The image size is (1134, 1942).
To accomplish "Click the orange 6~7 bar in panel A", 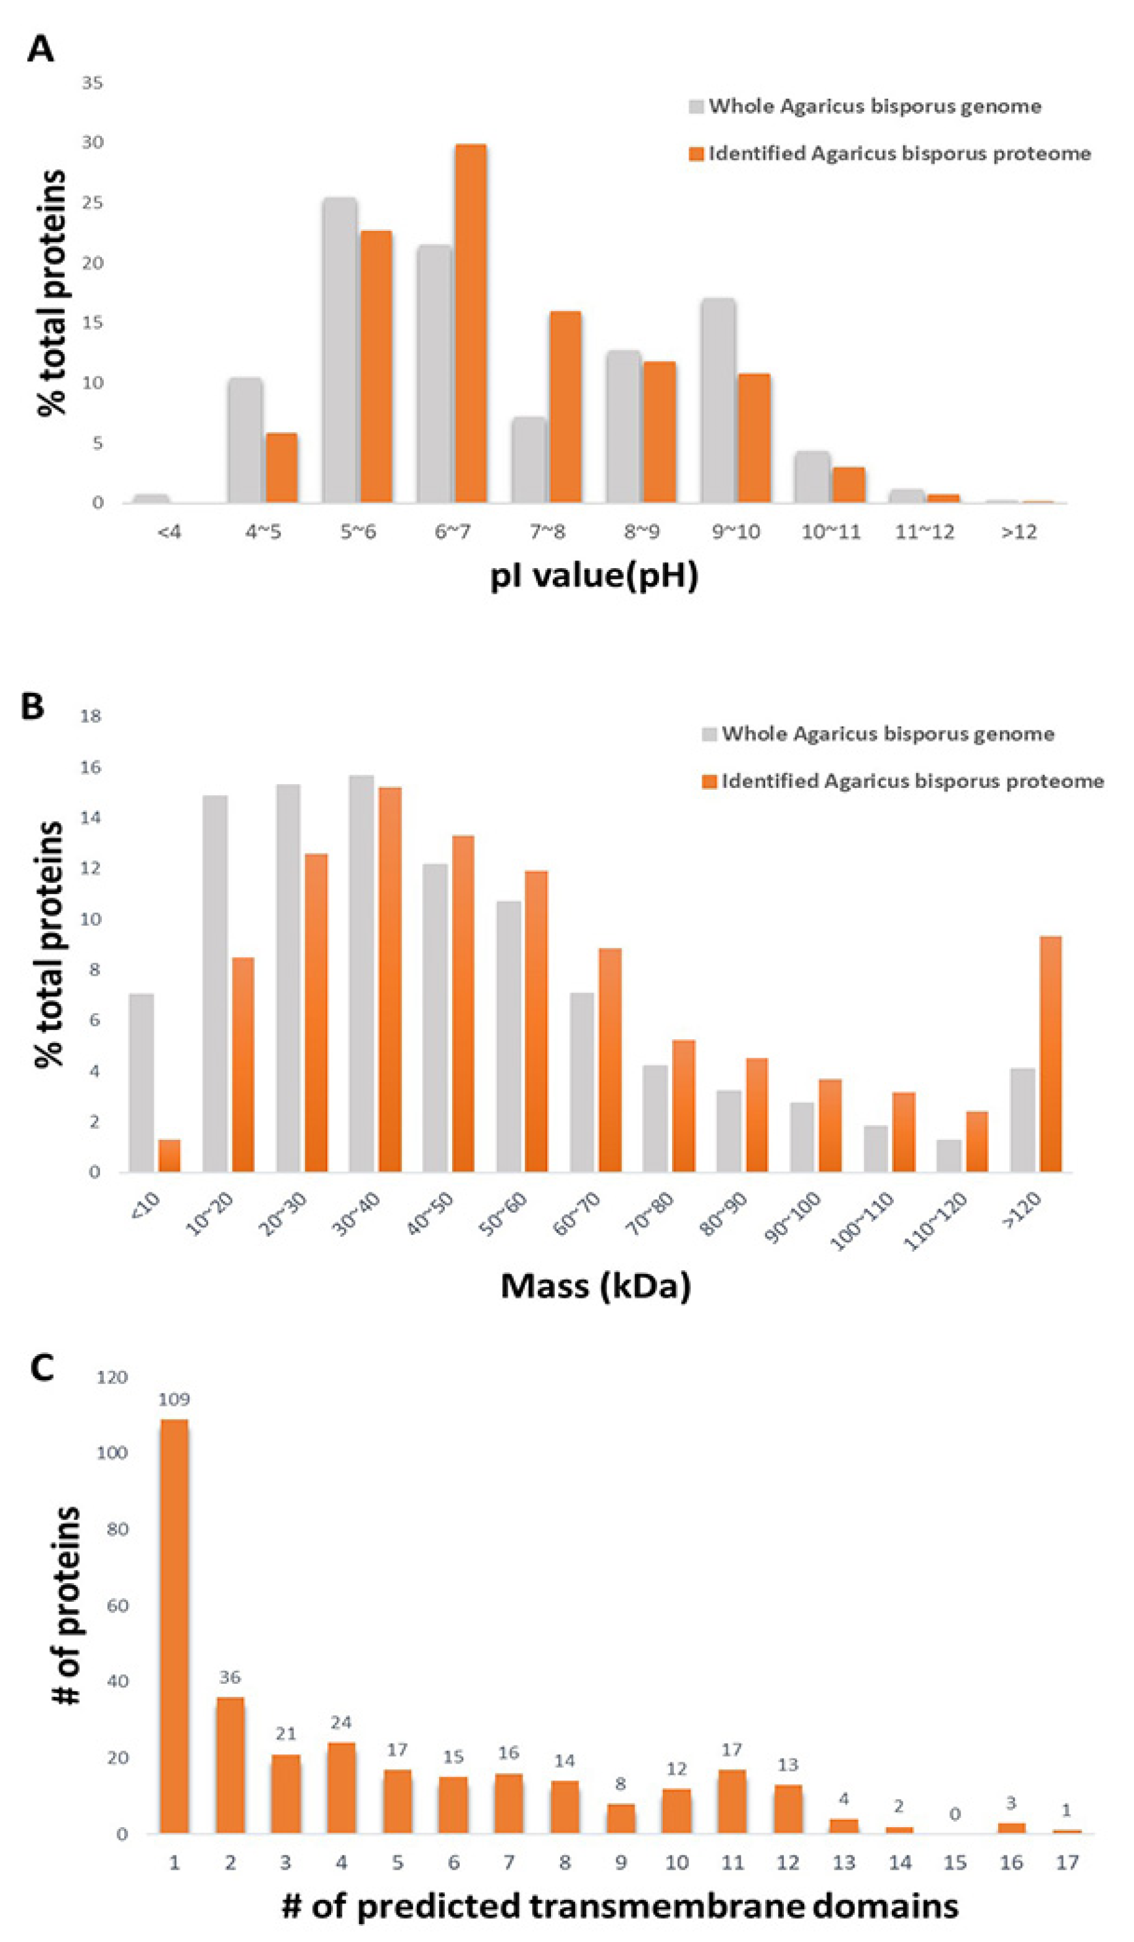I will [x=470, y=324].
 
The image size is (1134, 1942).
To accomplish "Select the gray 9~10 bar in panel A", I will [x=718, y=401].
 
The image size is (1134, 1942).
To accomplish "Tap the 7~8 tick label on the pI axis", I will [x=547, y=532].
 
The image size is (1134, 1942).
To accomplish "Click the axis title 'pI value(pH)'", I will [x=594, y=575].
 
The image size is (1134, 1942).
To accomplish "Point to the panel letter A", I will [x=40, y=49].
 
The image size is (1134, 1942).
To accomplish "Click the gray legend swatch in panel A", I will [x=696, y=106].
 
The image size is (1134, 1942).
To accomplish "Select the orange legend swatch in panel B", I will [x=709, y=781].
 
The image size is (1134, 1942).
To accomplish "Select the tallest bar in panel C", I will [x=174, y=1626].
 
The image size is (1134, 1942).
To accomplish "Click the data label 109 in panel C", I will [x=174, y=1399].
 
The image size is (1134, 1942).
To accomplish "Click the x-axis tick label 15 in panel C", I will [x=955, y=1862].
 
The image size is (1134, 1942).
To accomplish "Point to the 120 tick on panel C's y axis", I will [x=112, y=1377].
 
